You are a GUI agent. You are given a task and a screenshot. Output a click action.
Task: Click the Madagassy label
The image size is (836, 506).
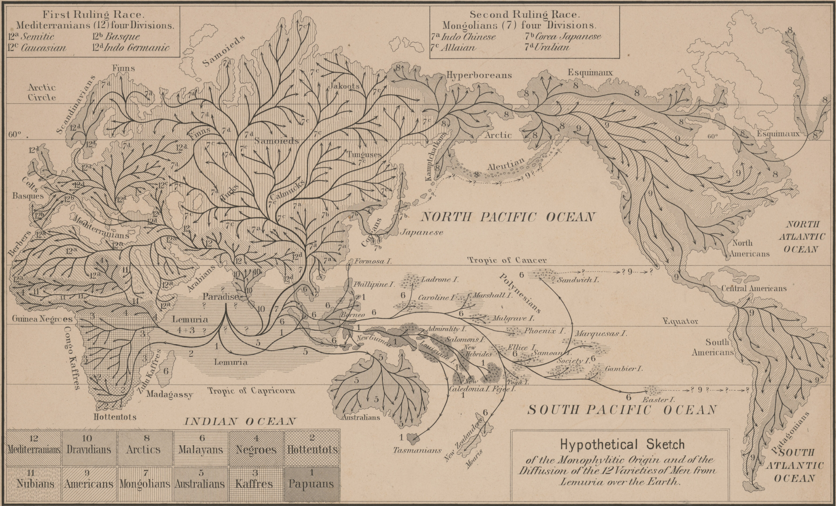click(x=170, y=394)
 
